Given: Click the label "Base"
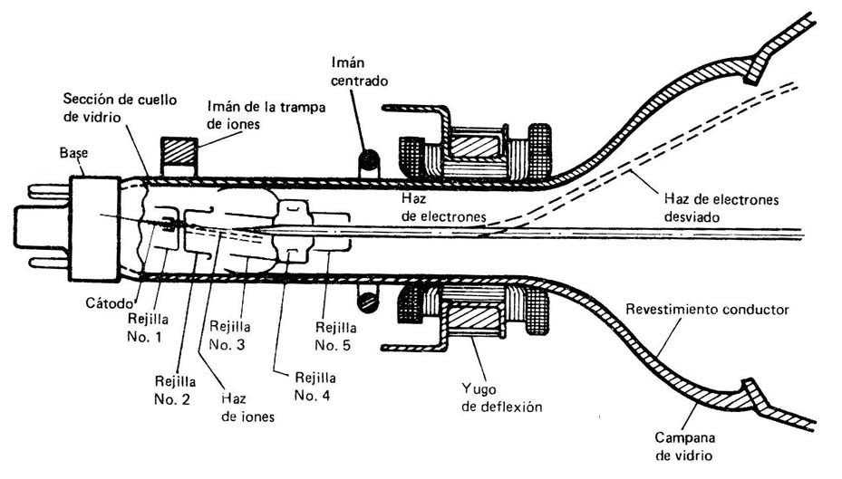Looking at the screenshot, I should pyautogui.click(x=73, y=154).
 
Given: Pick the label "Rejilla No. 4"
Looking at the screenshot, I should pyautogui.click(x=315, y=386).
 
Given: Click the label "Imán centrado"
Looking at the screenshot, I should pyautogui.click(x=360, y=72).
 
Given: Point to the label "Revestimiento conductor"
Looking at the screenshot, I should pyautogui.click(x=707, y=310).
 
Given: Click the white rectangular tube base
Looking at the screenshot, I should pyautogui.click(x=96, y=224).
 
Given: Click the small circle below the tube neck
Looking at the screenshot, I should pyautogui.click(x=367, y=297).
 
